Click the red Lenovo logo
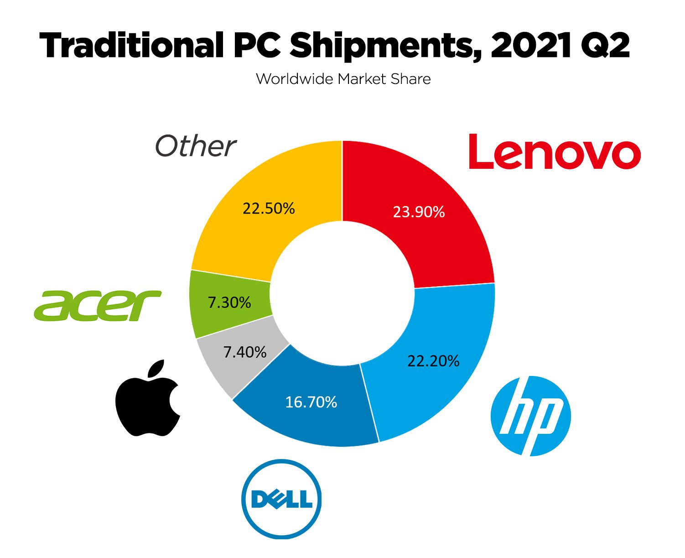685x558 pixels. coord(555,152)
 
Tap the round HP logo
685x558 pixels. coord(530,416)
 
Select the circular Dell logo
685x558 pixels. coord(281,499)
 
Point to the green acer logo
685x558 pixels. coord(98,305)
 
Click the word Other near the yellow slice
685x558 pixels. coord(196,146)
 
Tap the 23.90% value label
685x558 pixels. coord(419,212)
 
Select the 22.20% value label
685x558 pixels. coord(433,361)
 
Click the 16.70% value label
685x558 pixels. coord(311,402)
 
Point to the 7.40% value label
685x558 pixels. coord(245,352)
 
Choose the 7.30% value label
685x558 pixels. coord(229,302)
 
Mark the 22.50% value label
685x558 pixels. coord(269,209)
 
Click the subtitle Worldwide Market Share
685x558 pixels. coord(343,79)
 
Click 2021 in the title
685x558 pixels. coord(531,46)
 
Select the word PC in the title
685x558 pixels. coord(258,46)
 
